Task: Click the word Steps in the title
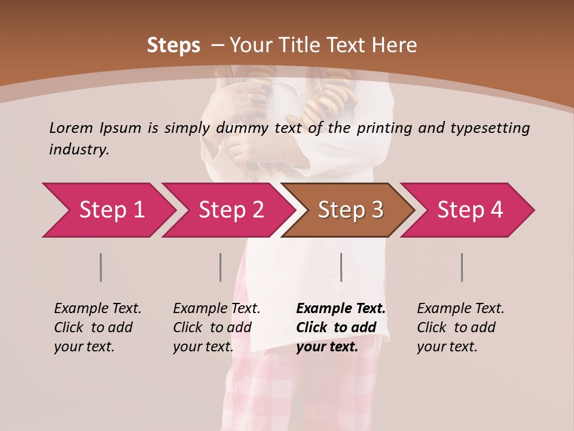(173, 45)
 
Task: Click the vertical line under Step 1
(101, 267)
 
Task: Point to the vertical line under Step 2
(221, 267)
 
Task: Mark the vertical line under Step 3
(341, 267)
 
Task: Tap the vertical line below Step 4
(462, 267)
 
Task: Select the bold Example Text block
(341, 327)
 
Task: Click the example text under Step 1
(97, 327)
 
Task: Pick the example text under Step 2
(216, 327)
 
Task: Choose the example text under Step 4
(460, 327)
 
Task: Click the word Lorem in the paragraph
(71, 128)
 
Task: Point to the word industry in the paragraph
(79, 150)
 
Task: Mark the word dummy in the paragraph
(245, 128)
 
